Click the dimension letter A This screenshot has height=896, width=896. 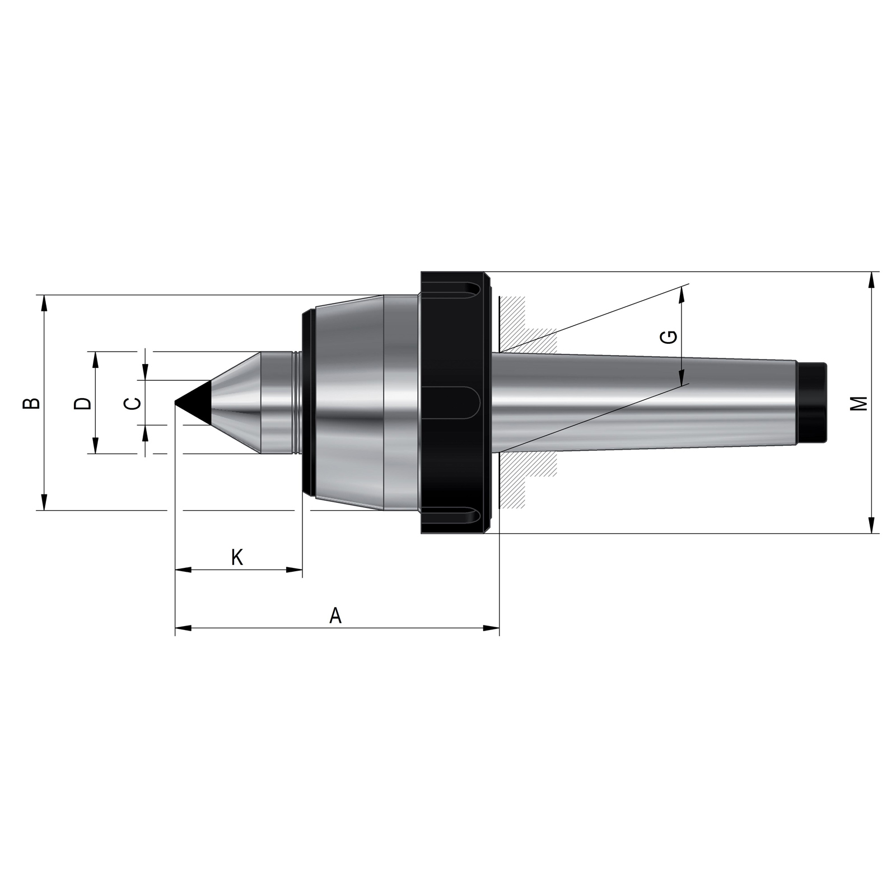click(335, 615)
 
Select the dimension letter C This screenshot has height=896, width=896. click(132, 403)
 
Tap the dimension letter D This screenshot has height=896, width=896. click(82, 403)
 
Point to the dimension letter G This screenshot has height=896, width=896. click(669, 337)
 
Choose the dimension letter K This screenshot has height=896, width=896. click(237, 557)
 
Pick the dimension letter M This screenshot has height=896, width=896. click(858, 403)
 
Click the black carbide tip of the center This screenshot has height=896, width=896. click(193, 402)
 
